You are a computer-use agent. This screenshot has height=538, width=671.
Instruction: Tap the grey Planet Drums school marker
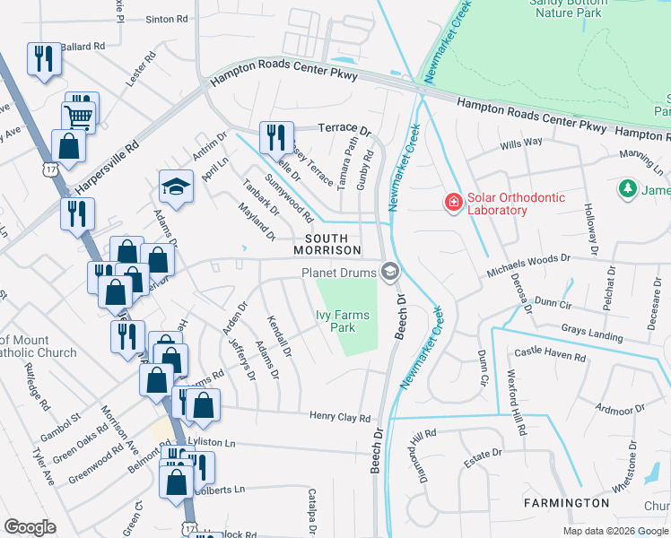(390, 271)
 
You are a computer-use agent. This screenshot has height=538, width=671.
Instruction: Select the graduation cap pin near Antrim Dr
(176, 187)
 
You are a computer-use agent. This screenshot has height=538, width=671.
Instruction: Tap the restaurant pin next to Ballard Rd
(44, 59)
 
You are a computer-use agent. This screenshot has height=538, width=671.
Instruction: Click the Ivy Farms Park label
(347, 321)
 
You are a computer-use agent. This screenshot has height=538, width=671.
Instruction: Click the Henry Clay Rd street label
(340, 418)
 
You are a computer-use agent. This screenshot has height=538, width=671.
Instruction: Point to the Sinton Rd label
(167, 18)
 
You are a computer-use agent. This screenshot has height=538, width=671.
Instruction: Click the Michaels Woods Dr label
(528, 264)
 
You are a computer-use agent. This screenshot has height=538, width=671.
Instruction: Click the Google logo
(30, 527)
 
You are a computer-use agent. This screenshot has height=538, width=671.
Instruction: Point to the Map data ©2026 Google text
(615, 531)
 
